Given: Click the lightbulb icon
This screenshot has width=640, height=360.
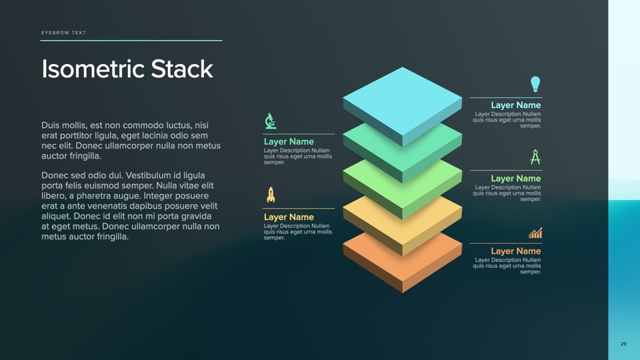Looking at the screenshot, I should pyautogui.click(x=535, y=84).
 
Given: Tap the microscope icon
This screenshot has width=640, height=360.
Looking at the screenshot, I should pyautogui.click(x=270, y=121).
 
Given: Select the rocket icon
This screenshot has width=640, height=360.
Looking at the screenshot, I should pyautogui.click(x=271, y=195).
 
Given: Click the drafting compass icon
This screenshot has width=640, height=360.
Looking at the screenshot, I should pyautogui.click(x=535, y=157).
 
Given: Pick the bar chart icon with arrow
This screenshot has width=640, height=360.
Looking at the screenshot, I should pyautogui.click(x=535, y=233).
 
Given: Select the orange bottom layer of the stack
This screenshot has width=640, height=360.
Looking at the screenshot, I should pyautogui.click(x=402, y=257).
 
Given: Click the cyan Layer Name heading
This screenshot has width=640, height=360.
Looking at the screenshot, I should pyautogui.click(x=515, y=105).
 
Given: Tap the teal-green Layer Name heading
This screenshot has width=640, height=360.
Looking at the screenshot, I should pyautogui.click(x=289, y=142).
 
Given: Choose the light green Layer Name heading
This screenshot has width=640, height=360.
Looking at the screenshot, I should pyautogui.click(x=515, y=179).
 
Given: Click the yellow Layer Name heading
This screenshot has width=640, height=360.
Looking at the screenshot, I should pyautogui.click(x=289, y=217).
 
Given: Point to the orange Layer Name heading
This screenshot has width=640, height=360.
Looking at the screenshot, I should pyautogui.click(x=515, y=251).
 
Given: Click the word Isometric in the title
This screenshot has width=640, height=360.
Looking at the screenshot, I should pyautogui.click(x=93, y=69).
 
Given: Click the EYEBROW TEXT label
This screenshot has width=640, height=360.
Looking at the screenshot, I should pyautogui.click(x=63, y=33).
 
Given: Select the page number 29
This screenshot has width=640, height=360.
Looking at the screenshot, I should pyautogui.click(x=623, y=344).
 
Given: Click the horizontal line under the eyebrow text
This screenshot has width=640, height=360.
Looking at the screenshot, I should pyautogui.click(x=131, y=41).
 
